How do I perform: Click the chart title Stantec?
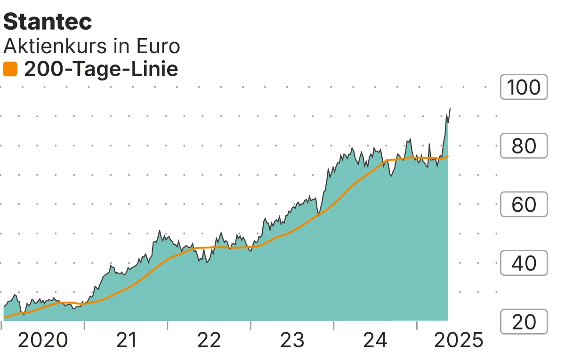48,22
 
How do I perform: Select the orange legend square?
10,70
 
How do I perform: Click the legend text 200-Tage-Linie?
101,70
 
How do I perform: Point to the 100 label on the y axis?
524,88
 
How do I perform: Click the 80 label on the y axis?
524,146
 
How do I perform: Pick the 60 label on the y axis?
524,205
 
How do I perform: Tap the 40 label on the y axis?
524,263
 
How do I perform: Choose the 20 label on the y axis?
524,322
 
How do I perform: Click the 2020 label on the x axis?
42,340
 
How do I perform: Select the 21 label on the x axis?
126,340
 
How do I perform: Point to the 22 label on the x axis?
209,340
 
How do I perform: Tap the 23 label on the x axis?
292,340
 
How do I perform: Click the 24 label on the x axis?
376,340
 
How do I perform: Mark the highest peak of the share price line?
450,109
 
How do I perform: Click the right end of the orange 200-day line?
448,156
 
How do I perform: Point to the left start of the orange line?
5,318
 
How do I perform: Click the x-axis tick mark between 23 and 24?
334,325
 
